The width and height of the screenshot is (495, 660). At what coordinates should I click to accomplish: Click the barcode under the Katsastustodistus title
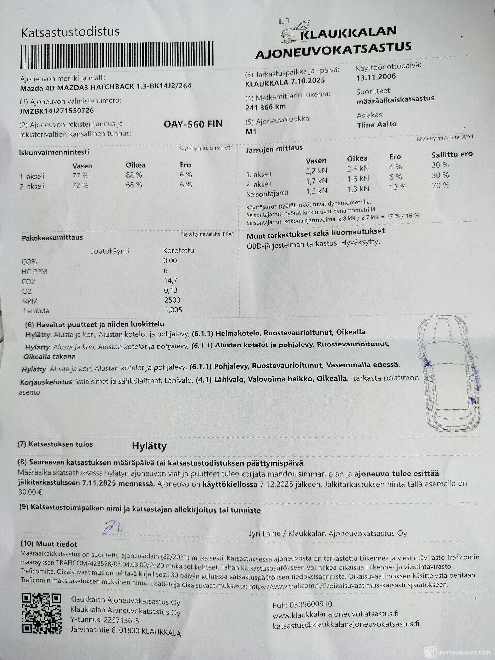pos(117,56)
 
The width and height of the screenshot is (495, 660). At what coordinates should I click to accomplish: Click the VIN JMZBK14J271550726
pos(56,111)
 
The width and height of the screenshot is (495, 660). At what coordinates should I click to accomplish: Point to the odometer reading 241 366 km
pos(265,107)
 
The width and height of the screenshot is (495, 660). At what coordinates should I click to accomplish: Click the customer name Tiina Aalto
pos(377,124)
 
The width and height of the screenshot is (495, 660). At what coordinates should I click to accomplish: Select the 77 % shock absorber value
pos(80,176)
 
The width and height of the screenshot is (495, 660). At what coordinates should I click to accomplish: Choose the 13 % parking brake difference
pos(398,187)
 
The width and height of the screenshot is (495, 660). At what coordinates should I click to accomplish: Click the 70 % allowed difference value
pos(440,185)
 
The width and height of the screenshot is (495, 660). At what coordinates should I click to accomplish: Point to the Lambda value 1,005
pos(173,310)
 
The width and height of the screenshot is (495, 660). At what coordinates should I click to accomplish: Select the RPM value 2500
pos(172,300)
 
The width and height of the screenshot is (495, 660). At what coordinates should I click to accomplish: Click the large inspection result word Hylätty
pos(149,446)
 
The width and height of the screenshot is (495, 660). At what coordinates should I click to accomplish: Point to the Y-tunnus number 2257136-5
pos(121,621)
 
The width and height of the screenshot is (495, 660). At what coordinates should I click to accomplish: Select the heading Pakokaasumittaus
pos(52,238)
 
